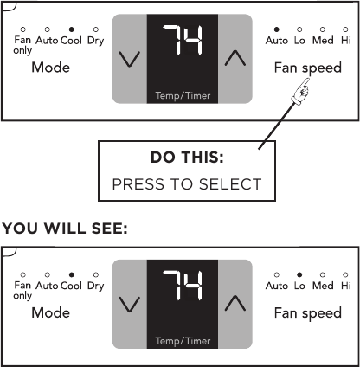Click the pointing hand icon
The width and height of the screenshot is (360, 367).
point(303,88)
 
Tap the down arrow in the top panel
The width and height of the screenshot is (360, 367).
point(130,59)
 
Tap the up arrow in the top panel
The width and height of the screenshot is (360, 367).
point(235,59)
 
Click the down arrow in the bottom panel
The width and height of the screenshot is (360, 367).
point(130,304)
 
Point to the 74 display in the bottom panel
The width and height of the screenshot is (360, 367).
point(183,290)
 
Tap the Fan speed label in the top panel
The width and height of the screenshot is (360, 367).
point(307,68)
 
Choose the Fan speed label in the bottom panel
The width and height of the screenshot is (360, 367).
point(307,312)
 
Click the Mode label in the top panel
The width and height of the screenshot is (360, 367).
point(50,68)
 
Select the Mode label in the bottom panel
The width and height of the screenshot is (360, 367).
point(50,312)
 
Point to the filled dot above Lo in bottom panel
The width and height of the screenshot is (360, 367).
point(299,274)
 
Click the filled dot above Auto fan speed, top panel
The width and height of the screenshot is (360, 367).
point(277,29)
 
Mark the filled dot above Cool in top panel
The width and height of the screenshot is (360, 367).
point(71,29)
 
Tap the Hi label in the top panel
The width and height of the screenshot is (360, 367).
point(346,41)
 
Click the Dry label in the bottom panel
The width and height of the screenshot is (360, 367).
point(95,286)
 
